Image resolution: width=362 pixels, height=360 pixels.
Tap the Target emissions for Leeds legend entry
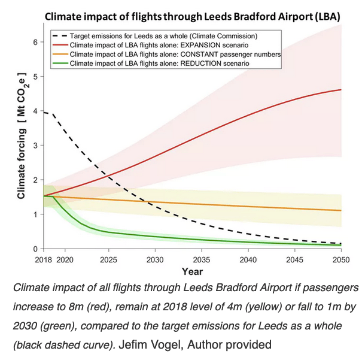(x=162, y=36)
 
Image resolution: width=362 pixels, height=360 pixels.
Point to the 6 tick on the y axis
(x=36, y=42)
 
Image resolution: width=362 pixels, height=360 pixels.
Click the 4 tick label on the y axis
(x=36, y=111)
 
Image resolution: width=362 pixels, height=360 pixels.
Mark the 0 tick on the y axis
(x=36, y=249)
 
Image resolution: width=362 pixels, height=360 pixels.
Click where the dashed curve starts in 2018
(x=44, y=112)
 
